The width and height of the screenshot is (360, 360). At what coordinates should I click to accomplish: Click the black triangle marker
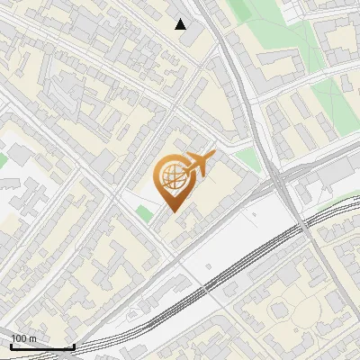[181, 24]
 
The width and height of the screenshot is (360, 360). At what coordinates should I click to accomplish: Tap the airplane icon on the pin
[198, 165]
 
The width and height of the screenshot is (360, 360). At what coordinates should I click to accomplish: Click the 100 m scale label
[23, 338]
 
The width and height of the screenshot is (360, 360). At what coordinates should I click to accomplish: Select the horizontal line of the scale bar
[42, 346]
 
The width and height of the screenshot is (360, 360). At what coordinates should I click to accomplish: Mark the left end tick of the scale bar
[11, 345]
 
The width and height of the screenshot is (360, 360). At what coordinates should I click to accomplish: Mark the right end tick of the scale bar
[74, 345]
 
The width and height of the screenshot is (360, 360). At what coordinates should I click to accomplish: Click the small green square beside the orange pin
[144, 213]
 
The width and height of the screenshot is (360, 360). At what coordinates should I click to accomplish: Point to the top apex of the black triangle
[181, 19]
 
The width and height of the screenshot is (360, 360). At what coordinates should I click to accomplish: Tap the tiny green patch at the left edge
[3, 160]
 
